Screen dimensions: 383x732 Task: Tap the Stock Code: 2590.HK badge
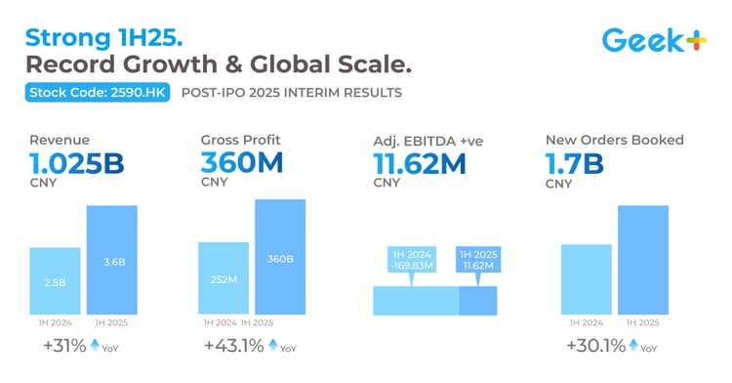point(87,94)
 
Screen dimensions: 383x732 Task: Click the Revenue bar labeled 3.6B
point(111,260)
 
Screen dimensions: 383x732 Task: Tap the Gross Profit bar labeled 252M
point(224,278)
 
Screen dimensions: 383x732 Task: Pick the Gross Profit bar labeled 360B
point(280,257)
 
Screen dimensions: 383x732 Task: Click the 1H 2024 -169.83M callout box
point(410,261)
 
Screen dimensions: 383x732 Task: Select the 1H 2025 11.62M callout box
point(479,261)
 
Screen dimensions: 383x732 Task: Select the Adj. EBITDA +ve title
point(428,141)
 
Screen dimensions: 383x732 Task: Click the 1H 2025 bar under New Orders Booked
point(642,260)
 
